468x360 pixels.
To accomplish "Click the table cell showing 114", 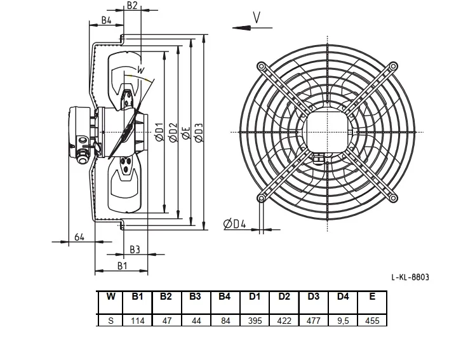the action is click(138, 321).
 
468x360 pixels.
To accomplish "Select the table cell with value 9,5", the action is click(343, 321).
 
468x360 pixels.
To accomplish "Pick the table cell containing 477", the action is click(314, 321).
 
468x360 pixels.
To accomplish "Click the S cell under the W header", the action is click(110, 321).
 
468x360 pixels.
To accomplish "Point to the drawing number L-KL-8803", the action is click(410, 277).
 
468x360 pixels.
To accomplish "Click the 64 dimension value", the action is click(79, 237).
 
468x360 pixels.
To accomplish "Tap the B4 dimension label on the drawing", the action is click(107, 20).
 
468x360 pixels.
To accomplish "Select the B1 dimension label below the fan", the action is click(122, 265).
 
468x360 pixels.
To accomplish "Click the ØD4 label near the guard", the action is click(234, 223).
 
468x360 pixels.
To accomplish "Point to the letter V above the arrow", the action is click(257, 17).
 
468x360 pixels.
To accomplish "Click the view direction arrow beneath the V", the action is click(252, 28).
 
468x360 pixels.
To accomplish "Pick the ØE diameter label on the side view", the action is click(185, 133).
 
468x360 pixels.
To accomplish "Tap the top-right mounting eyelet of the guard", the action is click(393, 66).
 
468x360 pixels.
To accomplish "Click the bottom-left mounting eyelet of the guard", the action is click(262, 197).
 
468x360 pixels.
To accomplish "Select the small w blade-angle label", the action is click(140, 70).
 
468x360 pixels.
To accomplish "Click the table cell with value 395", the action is click(255, 321).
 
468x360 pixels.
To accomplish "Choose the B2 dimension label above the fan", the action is click(132, 5).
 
